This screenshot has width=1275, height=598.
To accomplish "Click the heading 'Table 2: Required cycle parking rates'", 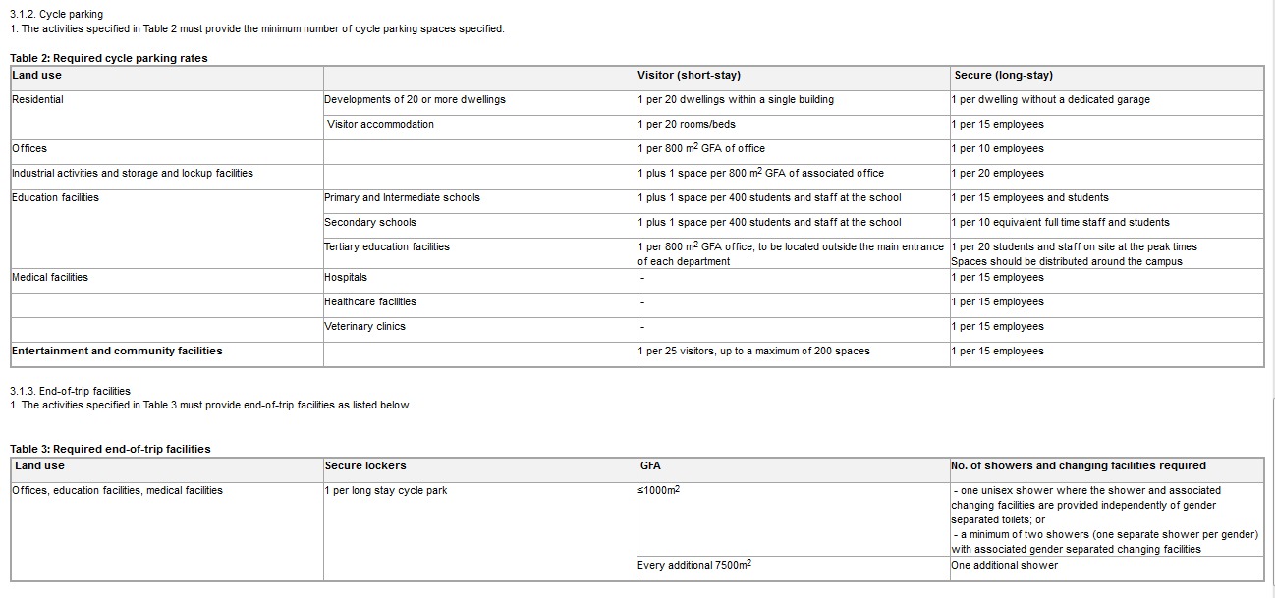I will click(109, 58).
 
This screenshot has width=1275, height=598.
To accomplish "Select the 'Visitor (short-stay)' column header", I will click(689, 76).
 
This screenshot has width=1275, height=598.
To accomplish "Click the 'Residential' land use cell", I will click(37, 100).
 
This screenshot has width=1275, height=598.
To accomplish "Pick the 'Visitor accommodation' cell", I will click(380, 125).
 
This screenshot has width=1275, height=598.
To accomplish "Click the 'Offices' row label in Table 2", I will click(29, 149).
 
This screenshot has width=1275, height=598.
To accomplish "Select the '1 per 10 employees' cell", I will click(997, 149).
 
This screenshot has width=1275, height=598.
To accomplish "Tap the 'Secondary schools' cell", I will click(370, 223).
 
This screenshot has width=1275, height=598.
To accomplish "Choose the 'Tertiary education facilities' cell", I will click(387, 247).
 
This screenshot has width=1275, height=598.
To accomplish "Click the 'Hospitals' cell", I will click(346, 278).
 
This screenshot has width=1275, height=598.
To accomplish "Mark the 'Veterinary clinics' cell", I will click(364, 327).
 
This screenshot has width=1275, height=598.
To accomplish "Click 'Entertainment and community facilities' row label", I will click(117, 352).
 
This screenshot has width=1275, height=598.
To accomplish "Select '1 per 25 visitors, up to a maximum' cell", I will click(753, 352).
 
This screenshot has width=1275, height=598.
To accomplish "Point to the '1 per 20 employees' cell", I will click(997, 174).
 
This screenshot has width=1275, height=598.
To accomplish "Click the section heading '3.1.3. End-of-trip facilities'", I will click(70, 391).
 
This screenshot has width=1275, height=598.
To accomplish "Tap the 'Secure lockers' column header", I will click(365, 466).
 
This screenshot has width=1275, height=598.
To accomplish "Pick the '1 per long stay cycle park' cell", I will click(385, 491).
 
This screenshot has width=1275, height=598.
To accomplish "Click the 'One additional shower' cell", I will click(1004, 566).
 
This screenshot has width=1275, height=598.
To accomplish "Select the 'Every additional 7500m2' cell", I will click(694, 566).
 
